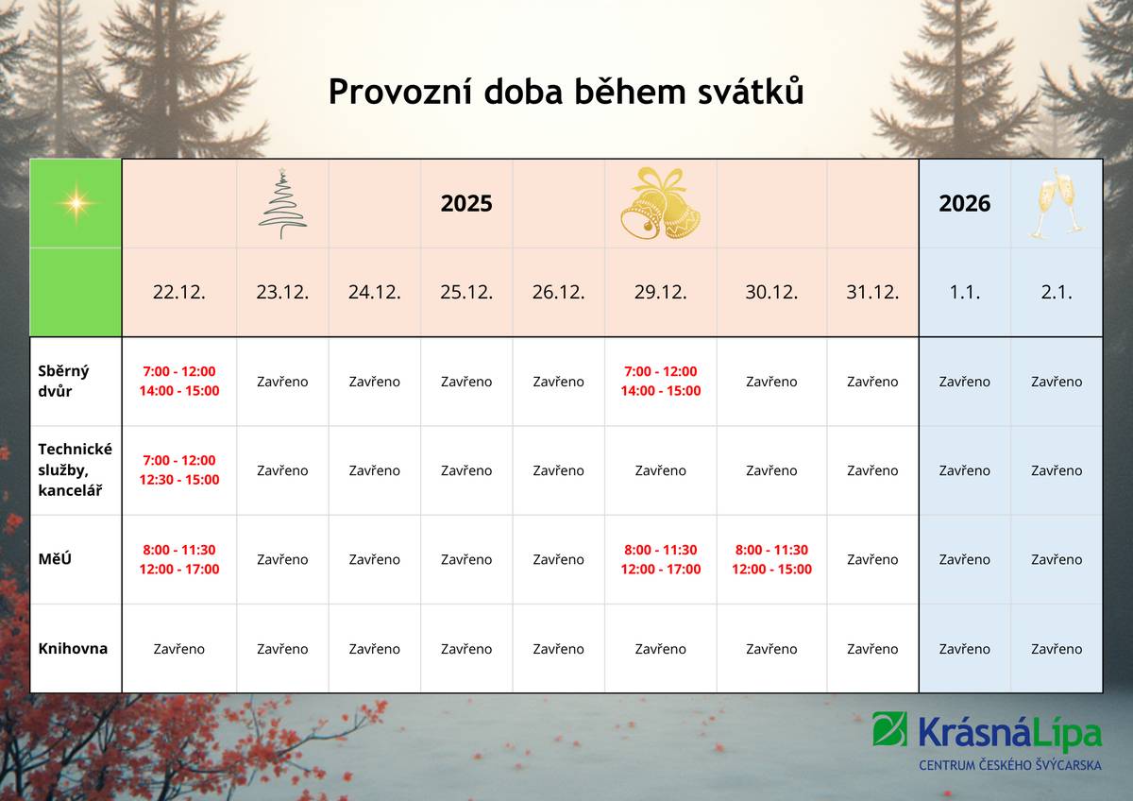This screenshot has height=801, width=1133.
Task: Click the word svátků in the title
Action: pyautogui.click(x=751, y=92)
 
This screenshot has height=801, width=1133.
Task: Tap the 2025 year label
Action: pyautogui.click(x=466, y=203)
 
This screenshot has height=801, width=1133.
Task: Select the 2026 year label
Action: pyautogui.click(x=965, y=203)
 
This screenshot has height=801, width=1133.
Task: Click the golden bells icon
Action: pyautogui.click(x=661, y=203)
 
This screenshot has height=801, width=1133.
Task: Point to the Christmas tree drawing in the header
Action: pyautogui.click(x=282, y=203)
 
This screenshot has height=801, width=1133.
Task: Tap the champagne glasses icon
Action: pyautogui.click(x=1057, y=203)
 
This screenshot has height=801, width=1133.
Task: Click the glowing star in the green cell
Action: pyautogui.click(x=76, y=203)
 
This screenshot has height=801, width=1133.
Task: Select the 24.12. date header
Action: pyautogui.click(x=374, y=292)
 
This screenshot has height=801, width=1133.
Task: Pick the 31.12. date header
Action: pyautogui.click(x=872, y=292)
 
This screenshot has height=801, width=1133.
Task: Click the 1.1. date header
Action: pyautogui.click(x=965, y=292)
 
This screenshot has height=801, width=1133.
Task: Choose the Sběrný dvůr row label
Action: pyautogui.click(x=64, y=381)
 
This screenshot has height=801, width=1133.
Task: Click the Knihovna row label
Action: pyautogui.click(x=73, y=649)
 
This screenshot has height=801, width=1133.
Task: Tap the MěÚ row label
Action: pyautogui.click(x=55, y=559)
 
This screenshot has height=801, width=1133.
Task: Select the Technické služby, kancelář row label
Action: pyautogui.click(x=75, y=470)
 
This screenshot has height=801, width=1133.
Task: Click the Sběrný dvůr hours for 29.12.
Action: pyautogui.click(x=661, y=381)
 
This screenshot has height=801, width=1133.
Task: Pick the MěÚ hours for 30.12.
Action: pyautogui.click(x=771, y=559)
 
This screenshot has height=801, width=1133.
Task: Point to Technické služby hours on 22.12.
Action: pyautogui.click(x=179, y=470)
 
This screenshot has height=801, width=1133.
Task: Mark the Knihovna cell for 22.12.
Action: pyautogui.click(x=179, y=649)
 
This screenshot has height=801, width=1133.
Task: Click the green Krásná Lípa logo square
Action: pyautogui.click(x=890, y=728)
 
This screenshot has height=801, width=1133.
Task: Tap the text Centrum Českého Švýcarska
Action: pyautogui.click(x=1010, y=764)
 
